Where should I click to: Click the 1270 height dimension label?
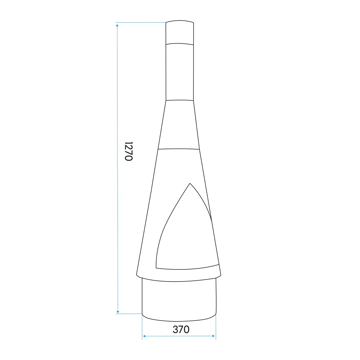(x=128, y=151)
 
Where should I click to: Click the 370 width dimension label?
(x=181, y=329)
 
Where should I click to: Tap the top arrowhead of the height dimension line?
(x=117, y=25)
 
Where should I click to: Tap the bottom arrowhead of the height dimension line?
(x=118, y=311)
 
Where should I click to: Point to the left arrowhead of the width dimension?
(x=144, y=336)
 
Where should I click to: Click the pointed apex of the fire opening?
(x=190, y=183)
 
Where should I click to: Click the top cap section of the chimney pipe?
(x=180, y=32)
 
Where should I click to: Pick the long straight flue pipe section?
(x=180, y=72)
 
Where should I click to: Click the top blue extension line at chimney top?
(x=141, y=22)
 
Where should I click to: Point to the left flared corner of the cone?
(x=137, y=275)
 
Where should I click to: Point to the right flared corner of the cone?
(x=221, y=274)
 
